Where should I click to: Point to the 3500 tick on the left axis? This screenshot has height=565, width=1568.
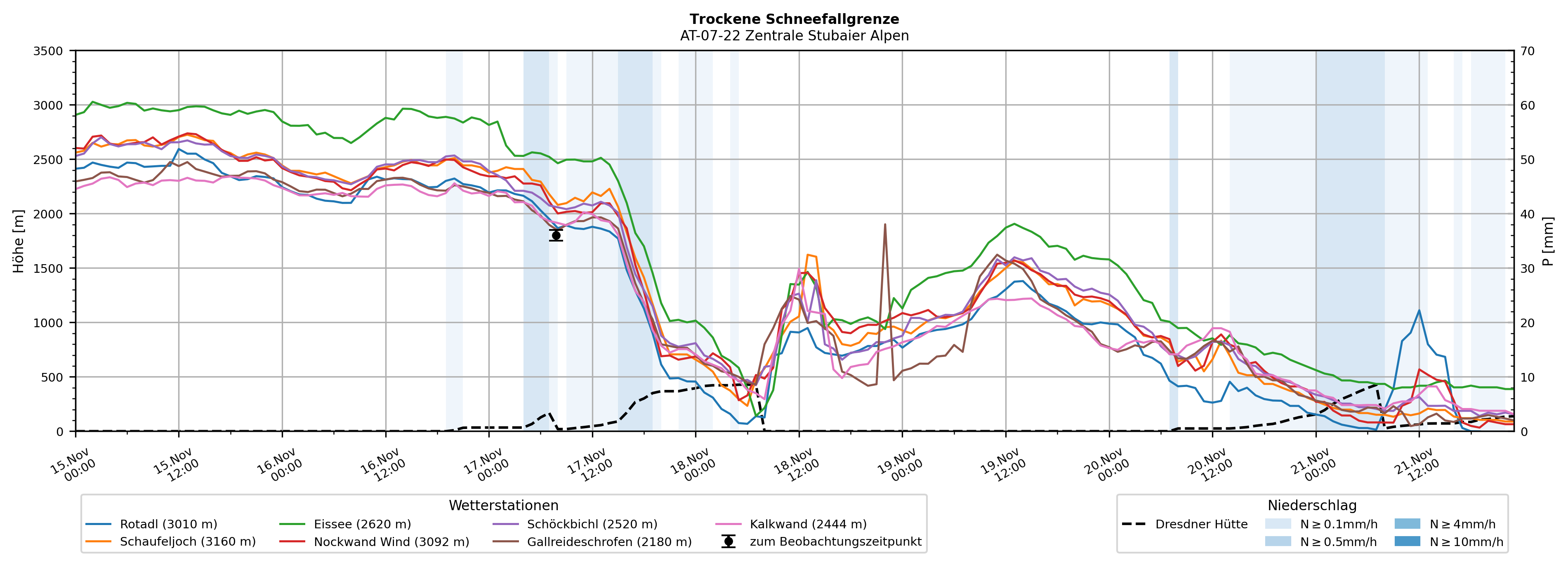[x=48, y=51]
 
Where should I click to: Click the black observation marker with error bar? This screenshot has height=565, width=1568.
[x=556, y=235]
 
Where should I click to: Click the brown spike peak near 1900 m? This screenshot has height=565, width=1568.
[x=884, y=225]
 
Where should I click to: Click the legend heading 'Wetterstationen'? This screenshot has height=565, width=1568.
[x=503, y=505]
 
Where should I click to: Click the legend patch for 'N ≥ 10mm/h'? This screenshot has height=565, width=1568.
[x=1407, y=541]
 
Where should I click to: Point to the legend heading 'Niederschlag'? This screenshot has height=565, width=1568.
[x=1312, y=505]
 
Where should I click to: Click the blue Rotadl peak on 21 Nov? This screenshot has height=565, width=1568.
[x=1419, y=311]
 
